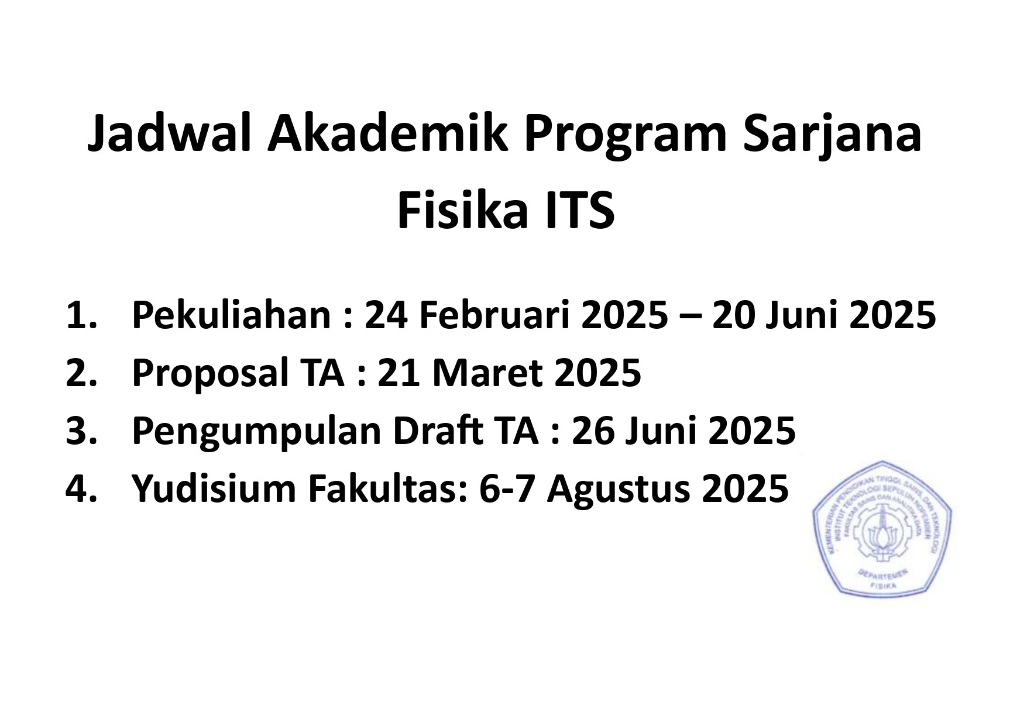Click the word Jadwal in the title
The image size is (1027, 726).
[170, 135]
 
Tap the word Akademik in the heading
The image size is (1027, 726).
[387, 135]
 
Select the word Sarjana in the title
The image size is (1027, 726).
[832, 135]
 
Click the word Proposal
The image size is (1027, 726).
[210, 372]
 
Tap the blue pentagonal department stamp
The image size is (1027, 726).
[881, 529]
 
